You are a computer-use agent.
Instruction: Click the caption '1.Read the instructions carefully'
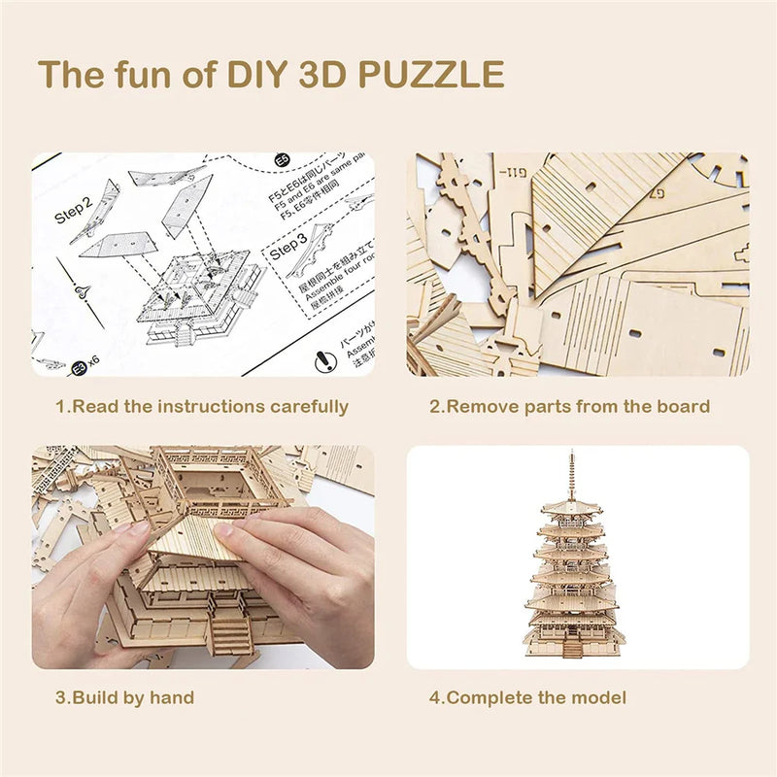201,407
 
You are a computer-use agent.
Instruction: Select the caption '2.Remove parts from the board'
570,407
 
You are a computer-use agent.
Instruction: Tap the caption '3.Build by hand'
124,697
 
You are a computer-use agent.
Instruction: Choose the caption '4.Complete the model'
528,697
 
